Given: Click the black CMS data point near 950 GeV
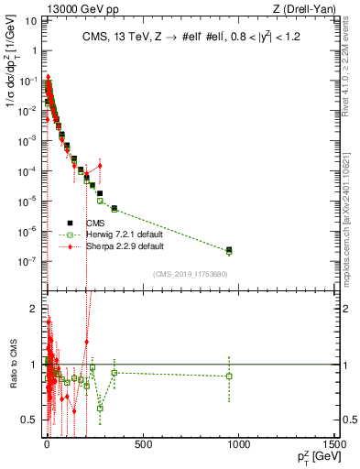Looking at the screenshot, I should click(229, 249).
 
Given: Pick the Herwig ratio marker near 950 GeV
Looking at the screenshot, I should click(229, 376).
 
